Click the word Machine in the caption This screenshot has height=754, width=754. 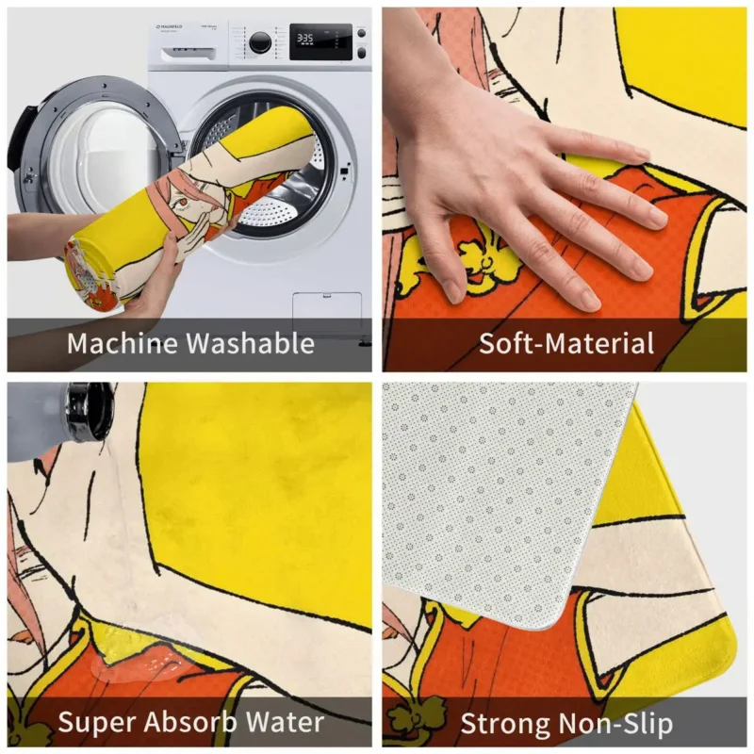click(x=123, y=343)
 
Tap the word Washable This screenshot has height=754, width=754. click(x=250, y=343)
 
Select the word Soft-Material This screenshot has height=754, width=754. click(x=566, y=343)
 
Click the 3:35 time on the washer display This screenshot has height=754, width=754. click(x=304, y=38)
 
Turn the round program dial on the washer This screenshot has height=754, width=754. click(x=260, y=42)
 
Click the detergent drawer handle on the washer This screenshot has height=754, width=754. click(x=188, y=55)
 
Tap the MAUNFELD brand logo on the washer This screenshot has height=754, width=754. click(x=170, y=27)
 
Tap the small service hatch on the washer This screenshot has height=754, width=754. click(x=327, y=308)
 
